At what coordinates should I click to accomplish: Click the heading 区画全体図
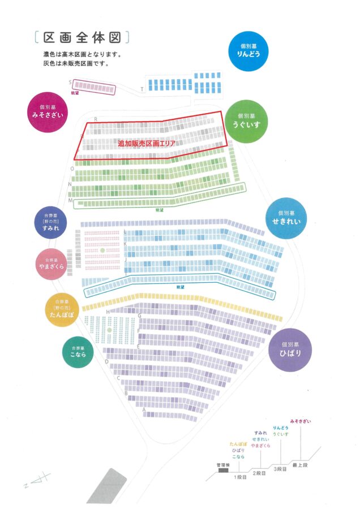(x=82, y=37)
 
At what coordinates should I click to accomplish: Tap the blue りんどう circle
(x=252, y=50)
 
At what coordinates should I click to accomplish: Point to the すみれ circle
(x=50, y=222)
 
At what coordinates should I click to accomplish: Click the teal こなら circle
(x=78, y=352)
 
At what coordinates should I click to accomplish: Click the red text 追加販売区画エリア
(x=147, y=144)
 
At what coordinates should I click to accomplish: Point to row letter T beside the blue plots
(x=142, y=89)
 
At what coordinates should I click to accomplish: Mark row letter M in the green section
(x=70, y=201)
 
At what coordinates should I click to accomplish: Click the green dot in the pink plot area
(x=102, y=249)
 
